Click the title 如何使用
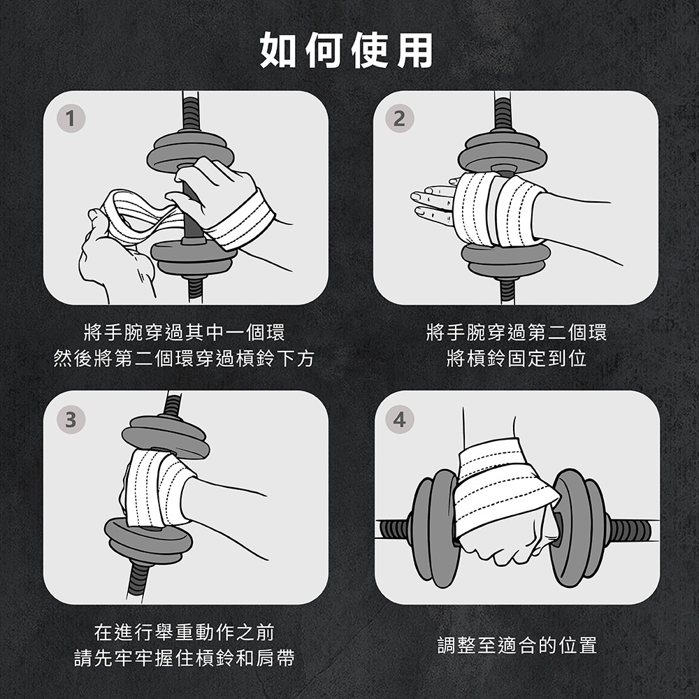tap(347, 50)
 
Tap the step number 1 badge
tap(71, 119)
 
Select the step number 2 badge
tap(400, 119)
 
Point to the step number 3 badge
tap(71, 419)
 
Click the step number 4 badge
tap(400, 419)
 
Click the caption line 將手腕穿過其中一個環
tap(184, 332)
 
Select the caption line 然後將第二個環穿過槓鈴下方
tap(184, 359)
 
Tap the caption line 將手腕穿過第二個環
tap(517, 332)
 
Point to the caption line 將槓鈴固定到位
tap(517, 359)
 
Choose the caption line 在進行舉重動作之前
tap(184, 632)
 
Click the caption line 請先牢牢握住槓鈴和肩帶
tap(184, 658)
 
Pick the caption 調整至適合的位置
tap(517, 645)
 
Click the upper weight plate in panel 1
tap(190, 152)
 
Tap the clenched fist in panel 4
tap(507, 541)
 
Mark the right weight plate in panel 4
tap(577, 527)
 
